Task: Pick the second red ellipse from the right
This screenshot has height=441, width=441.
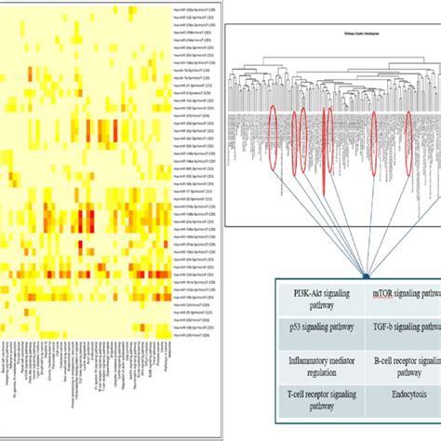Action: pyautogui.click(x=375, y=140)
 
